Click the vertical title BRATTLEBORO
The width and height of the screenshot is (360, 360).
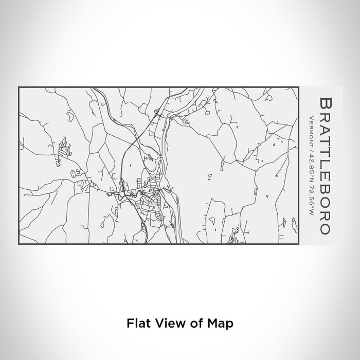pyautogui.click(x=325, y=165)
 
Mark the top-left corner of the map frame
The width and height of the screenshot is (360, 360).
pyautogui.click(x=19, y=87)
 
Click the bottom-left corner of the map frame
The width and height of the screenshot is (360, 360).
pyautogui.click(x=19, y=244)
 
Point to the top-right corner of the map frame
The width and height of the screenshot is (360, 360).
pyautogui.click(x=298, y=87)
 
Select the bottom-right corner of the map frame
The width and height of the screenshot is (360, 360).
pyautogui.click(x=298, y=244)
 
